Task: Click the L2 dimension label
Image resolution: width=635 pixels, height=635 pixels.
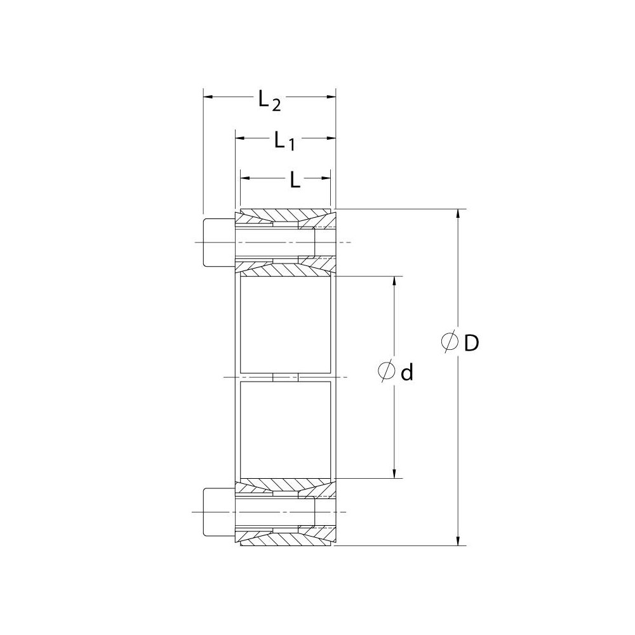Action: tap(269, 100)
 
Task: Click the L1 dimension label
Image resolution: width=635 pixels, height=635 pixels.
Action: tap(284, 140)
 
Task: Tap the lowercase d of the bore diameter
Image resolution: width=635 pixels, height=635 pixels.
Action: tap(407, 372)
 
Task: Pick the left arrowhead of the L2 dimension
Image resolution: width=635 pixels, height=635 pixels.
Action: tap(207, 97)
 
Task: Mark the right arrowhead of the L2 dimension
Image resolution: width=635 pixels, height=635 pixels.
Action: tap(331, 97)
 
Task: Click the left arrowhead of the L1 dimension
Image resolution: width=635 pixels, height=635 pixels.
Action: tap(240, 137)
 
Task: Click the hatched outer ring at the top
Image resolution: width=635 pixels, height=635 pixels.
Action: tap(285, 213)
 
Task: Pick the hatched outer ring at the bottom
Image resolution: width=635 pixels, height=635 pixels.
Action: tap(285, 541)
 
